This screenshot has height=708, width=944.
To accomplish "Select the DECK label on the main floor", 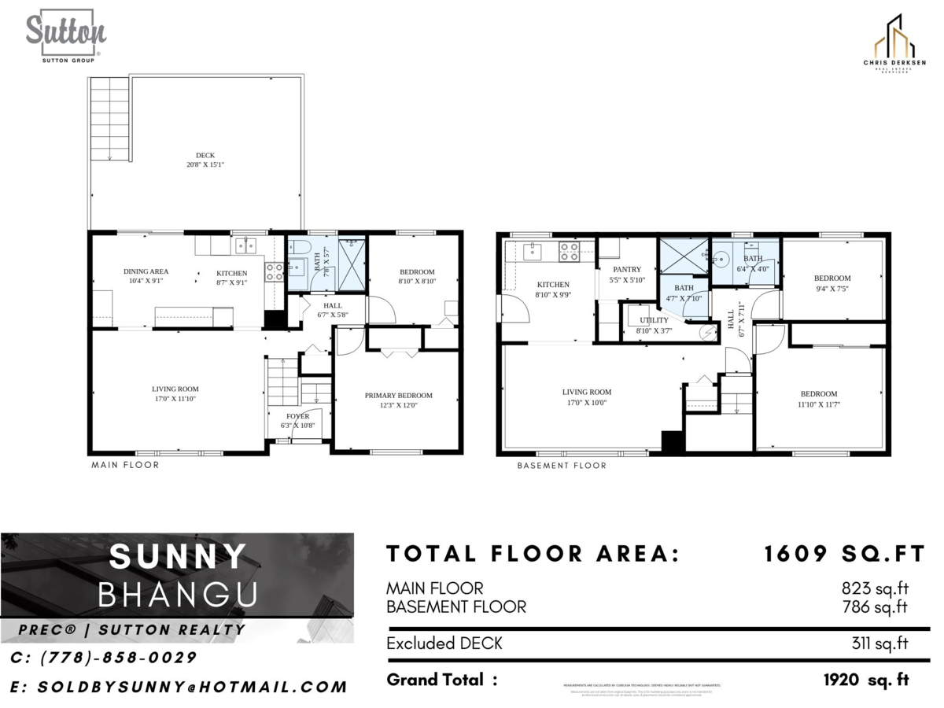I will tap(205, 156).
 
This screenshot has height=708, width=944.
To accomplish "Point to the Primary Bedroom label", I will tap(398, 396).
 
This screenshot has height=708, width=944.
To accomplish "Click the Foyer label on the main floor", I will tap(298, 416).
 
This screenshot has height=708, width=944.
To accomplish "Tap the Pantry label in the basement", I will tap(627, 270).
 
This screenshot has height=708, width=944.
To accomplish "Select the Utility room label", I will tap(654, 320).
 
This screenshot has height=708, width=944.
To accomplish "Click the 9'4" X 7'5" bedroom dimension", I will tap(832, 289).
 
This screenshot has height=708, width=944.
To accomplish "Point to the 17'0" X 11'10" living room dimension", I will tap(175, 399).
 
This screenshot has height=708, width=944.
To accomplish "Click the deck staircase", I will tap(109, 118).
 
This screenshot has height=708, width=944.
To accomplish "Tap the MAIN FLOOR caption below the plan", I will tap(125, 465).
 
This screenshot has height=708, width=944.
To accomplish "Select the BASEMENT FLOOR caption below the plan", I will tap(562, 466).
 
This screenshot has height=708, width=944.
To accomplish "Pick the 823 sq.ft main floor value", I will tap(874, 588).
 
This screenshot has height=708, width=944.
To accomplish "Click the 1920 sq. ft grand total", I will tap(865, 680).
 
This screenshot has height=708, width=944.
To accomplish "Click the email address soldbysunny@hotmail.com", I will tap(179, 687).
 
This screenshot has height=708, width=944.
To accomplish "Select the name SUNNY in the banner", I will tap(178, 557).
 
